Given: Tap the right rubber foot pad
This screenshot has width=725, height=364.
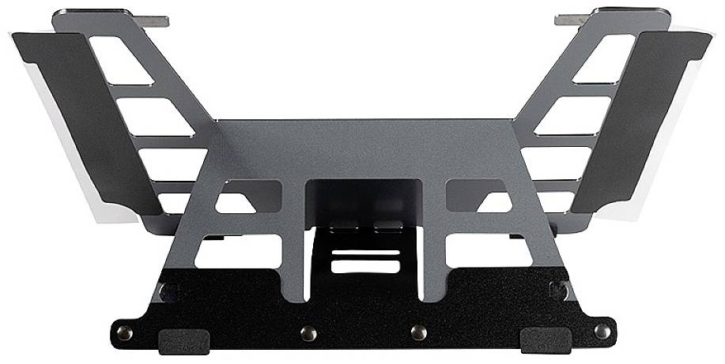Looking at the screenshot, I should (x=545, y=341).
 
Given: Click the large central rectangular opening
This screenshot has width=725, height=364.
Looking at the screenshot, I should (x=364, y=199).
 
